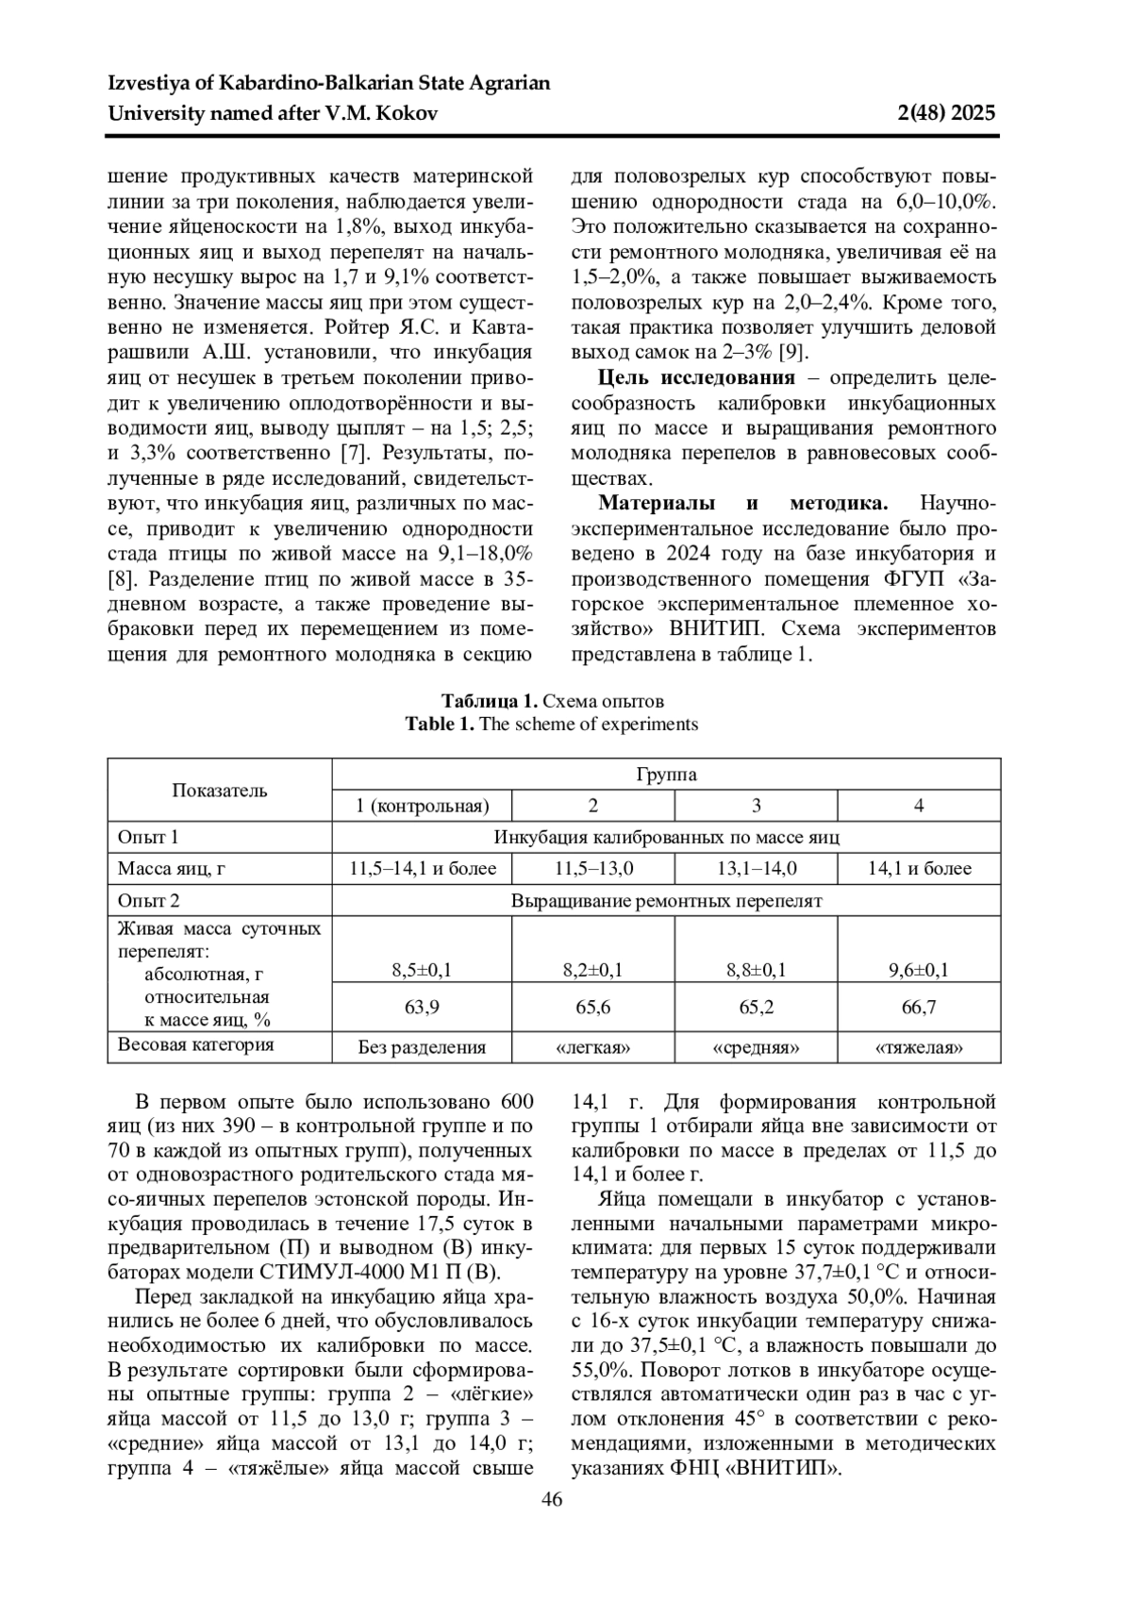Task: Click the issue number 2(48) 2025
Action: pos(943,114)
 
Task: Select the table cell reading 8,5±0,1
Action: pos(422,970)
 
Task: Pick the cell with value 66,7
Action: pos(918,1008)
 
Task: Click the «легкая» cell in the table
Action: pos(592,1047)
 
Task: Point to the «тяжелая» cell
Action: pos(918,1047)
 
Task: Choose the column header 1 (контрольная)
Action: pos(422,806)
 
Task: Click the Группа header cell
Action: pos(666,775)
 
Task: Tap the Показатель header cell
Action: pos(219,791)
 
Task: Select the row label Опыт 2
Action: pos(148,901)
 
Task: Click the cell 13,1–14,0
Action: pos(756,869)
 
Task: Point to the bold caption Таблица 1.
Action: pos(490,702)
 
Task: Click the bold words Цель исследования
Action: pos(696,378)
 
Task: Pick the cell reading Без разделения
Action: pos(422,1047)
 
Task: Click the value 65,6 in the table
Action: pos(592,1008)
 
